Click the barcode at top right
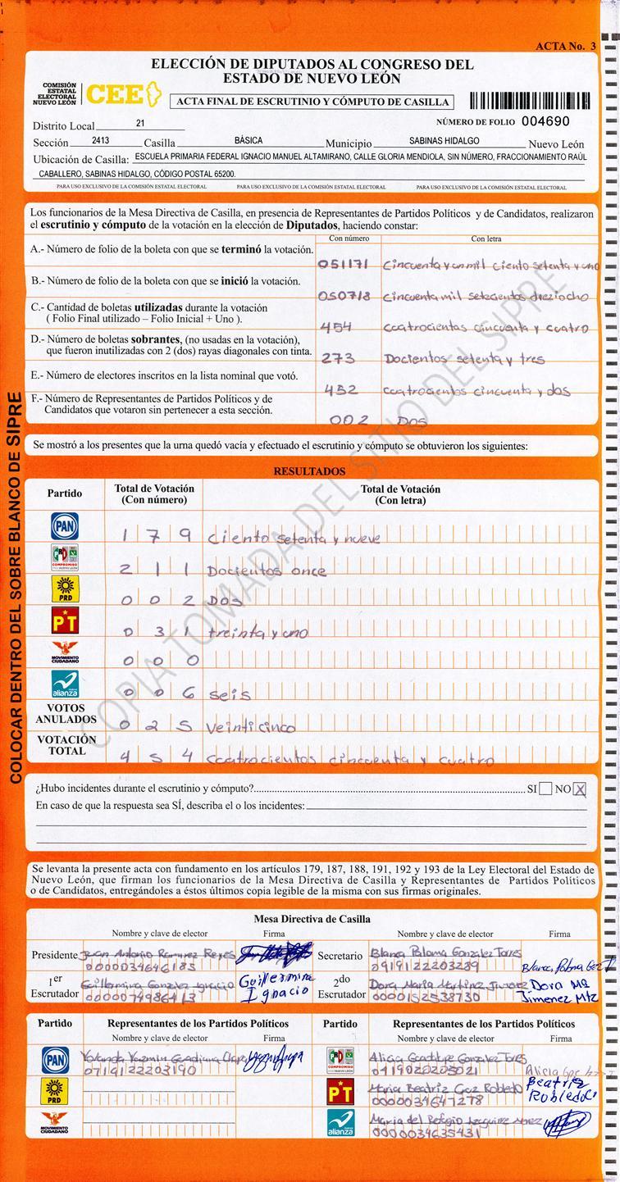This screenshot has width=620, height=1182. [x=529, y=101]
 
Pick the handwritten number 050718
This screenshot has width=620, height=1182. [x=344, y=295]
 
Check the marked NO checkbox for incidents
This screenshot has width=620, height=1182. [x=580, y=789]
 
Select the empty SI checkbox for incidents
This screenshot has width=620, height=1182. [x=545, y=789]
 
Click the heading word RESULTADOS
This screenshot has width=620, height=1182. [x=309, y=472]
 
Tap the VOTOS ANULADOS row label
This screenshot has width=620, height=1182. [x=66, y=713]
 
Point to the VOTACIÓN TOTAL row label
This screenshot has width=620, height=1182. [x=66, y=744]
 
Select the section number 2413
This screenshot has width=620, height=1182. [x=101, y=141]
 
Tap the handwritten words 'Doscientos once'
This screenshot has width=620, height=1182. [x=267, y=571]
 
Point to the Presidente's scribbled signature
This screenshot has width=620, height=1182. [x=275, y=953]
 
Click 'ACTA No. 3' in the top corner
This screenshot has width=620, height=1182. [x=565, y=46]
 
